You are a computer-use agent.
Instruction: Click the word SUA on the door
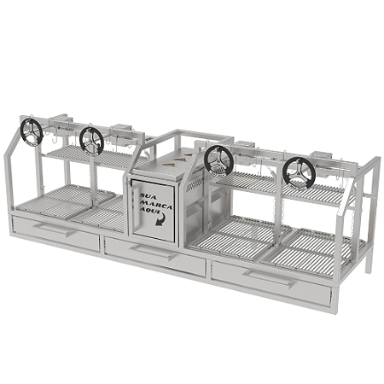147,196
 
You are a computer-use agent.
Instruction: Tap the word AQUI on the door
150,212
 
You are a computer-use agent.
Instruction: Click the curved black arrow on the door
162,219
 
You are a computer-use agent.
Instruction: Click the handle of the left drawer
54,230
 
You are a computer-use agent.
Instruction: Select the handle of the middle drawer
154,252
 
